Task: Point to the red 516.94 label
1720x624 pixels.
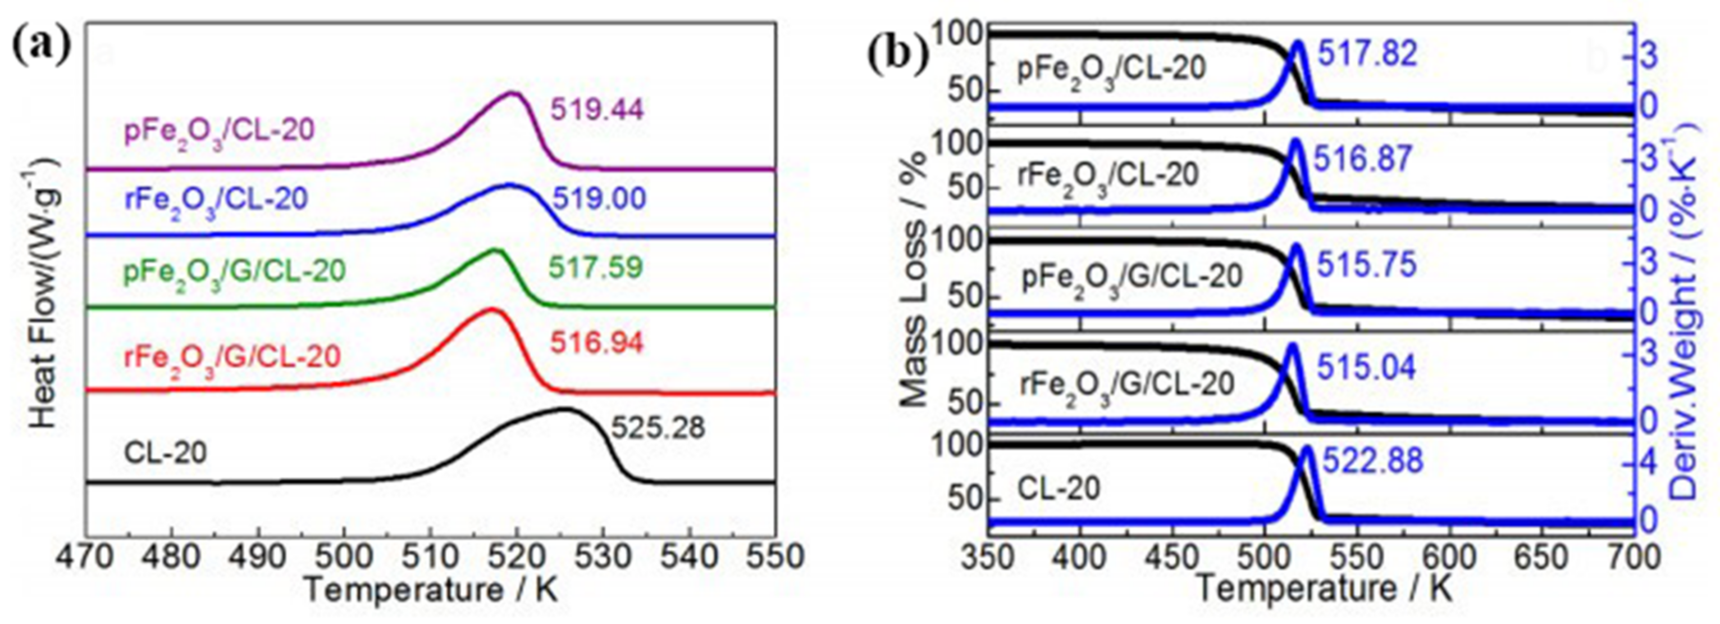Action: [596, 343]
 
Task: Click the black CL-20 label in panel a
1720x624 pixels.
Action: [166, 453]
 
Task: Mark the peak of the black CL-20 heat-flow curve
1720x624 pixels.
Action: [564, 408]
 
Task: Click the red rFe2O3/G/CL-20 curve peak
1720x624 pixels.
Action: [492, 309]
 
